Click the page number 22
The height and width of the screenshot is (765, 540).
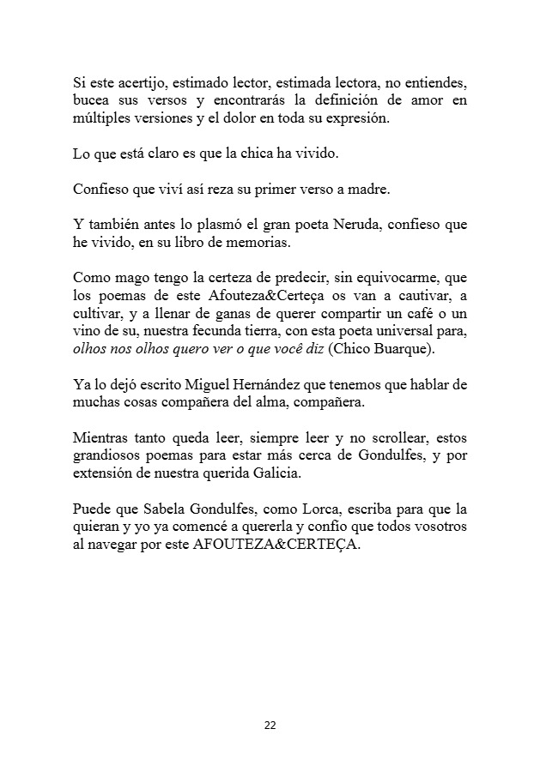(x=270, y=726)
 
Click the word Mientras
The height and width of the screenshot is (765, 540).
(x=102, y=437)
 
